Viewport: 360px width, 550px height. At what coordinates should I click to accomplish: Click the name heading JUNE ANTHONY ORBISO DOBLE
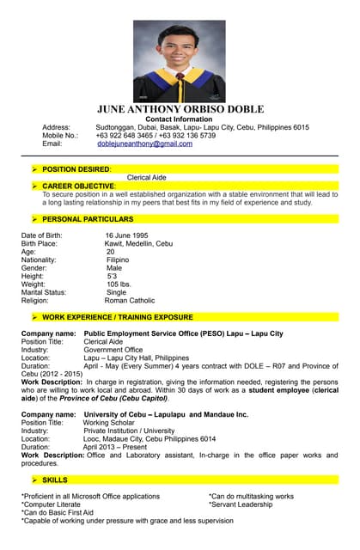pyautogui.click(x=180, y=109)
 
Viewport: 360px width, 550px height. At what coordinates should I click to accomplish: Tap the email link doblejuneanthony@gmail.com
pyautogui.click(x=144, y=144)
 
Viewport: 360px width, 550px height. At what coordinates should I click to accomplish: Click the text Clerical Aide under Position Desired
pyautogui.click(x=146, y=178)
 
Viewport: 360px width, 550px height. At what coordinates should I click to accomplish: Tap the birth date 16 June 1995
pyautogui.click(x=126, y=235)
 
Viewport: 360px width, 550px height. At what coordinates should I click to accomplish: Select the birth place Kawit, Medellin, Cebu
pyautogui.click(x=138, y=243)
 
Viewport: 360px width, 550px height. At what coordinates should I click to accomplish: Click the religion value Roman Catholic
pyautogui.click(x=130, y=301)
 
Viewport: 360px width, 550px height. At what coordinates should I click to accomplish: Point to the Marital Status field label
pyautogui.click(x=45, y=292)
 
